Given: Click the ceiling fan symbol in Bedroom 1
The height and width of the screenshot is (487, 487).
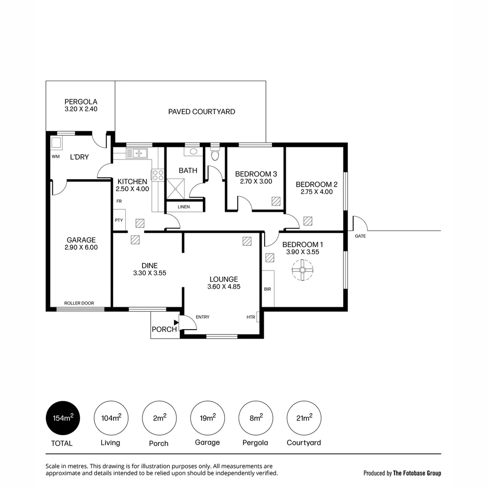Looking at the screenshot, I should pos(302,271).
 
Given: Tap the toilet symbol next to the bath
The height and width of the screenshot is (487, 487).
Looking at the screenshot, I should pos(215,156).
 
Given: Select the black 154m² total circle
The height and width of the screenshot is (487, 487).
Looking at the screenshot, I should pos(63,418).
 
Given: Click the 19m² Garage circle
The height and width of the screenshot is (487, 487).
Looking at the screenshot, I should pos(207,418).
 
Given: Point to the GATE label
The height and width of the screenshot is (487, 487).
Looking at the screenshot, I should pos(360,236).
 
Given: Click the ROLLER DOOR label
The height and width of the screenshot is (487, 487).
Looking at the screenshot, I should pos(79,303).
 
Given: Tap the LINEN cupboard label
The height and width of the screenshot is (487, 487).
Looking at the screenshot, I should pos(184,207).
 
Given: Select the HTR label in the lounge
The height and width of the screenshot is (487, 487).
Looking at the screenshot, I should pos(251,317).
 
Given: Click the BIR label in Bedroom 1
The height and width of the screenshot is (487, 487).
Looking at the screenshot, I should pos(267,289).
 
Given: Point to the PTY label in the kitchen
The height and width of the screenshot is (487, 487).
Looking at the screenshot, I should pos(119,221).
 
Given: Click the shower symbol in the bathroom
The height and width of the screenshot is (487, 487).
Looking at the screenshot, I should pos(176,188).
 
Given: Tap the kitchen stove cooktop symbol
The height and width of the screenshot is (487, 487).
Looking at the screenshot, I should pos(157,175).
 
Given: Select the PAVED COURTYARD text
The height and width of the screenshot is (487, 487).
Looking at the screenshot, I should pos(202,112).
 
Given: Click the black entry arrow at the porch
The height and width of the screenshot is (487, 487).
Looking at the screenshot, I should pos(176,322).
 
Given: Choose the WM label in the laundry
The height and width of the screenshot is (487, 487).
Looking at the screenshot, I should pos(56,157).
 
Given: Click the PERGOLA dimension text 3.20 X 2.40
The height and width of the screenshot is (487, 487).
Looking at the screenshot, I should pos(81,109).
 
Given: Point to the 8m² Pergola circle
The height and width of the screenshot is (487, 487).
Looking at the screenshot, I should pos(256,418).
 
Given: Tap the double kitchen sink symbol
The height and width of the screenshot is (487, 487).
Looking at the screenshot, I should pos(139,153).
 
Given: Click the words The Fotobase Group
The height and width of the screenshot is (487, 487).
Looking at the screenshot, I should pos(417,473).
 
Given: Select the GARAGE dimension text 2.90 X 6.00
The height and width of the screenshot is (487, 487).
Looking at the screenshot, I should pos(81,247).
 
